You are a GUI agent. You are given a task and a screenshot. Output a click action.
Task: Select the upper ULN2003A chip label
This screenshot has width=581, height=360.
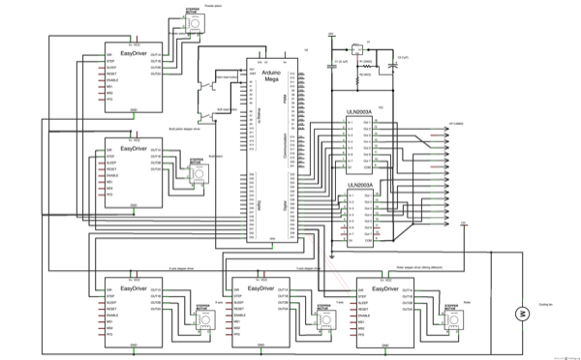pos(361,112)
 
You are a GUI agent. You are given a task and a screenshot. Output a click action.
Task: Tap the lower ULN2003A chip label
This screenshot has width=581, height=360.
pos(361,184)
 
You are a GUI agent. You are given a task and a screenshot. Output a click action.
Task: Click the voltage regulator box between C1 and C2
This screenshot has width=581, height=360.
pos(355,45)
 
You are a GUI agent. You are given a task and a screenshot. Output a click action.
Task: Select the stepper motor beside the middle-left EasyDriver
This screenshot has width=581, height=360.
pos(197,174)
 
